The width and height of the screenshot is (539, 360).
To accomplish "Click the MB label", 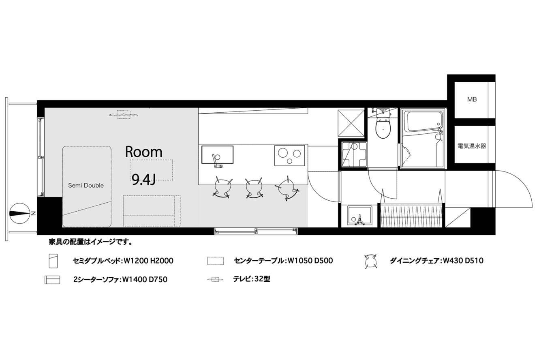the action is (472, 99).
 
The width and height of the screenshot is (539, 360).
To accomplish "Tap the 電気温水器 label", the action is (472, 146).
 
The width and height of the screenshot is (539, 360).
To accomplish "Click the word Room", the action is (143, 152).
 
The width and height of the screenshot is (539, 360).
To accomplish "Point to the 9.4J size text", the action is (143, 179).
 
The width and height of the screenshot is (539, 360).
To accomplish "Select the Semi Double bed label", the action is (86, 186).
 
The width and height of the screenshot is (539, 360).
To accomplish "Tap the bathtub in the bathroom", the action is (423, 121).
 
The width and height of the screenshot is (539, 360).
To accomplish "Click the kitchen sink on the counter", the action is (217, 154).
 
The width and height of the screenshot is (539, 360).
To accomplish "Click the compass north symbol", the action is (20, 214).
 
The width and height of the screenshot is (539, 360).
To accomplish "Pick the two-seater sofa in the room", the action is (152, 211).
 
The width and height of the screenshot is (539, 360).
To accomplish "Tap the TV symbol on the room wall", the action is (124, 115).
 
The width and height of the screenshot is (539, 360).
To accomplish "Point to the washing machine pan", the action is (354, 154).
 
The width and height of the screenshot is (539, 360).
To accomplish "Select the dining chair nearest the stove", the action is (287, 189).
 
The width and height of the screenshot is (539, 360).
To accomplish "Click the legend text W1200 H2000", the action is (148, 261).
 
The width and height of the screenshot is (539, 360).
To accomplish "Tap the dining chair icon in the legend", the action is (370, 261).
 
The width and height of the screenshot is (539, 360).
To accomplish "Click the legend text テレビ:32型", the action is (251, 279).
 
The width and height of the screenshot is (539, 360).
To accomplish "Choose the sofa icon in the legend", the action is (52, 280).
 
